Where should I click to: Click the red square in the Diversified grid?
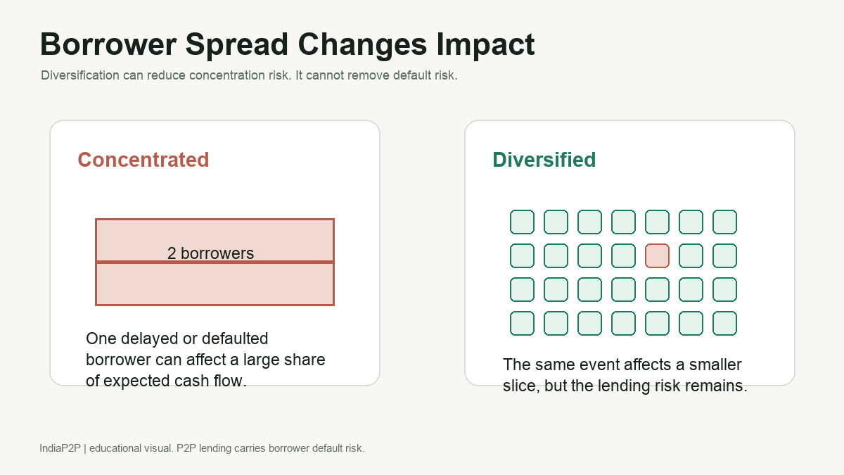pos(657,256)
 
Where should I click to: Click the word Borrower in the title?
pos(108,44)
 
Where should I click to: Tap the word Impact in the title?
pos(485,45)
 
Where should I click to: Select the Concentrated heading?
pos(143,160)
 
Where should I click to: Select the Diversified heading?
pos(544,160)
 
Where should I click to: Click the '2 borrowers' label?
pos(210,253)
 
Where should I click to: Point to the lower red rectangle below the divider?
pos(215,284)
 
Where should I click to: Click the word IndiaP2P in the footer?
pos(60,448)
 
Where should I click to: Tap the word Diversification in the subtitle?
pos(80,75)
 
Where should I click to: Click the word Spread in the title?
pos(237,45)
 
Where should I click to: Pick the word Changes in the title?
pos(362,45)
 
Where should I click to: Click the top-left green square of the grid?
pos(522,222)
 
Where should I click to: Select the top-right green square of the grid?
pos(724,222)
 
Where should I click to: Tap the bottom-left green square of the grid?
pos(522,324)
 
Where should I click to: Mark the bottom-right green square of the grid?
pos(724,324)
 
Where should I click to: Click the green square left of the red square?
pos(623,256)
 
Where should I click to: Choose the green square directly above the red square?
pos(657,222)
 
